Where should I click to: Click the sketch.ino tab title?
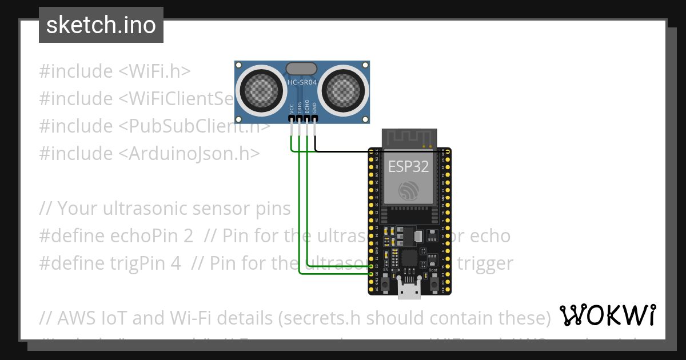coord(101,25)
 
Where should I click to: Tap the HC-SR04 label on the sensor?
coord(302,83)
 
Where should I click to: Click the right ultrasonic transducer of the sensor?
coord(342,90)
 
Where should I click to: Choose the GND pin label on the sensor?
coord(314,108)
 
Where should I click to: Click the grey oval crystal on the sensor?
coord(301,69)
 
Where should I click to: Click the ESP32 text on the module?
coord(409,166)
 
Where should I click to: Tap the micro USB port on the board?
coord(409,291)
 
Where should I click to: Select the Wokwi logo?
coord(607,315)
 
